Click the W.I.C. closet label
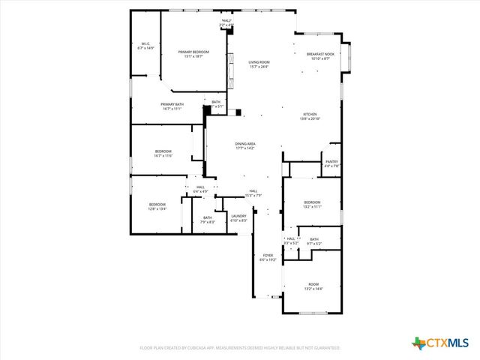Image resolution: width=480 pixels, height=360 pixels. click(x=146, y=46)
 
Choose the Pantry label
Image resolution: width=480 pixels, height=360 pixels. click(x=331, y=163)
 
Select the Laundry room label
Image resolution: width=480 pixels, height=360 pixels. click(x=238, y=218)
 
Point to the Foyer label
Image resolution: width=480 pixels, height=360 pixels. click(x=268, y=257)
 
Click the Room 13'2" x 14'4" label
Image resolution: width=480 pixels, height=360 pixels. click(x=313, y=286)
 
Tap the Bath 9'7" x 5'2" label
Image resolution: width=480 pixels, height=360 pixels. click(x=314, y=241)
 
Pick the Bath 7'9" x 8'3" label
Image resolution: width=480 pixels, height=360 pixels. click(x=207, y=220)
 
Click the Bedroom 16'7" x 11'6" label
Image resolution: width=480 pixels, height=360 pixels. click(x=163, y=154)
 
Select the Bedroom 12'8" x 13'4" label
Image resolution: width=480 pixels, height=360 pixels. click(x=157, y=206)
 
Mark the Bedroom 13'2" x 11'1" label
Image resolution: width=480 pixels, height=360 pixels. click(x=312, y=204)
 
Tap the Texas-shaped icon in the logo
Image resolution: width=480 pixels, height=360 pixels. click(x=418, y=343)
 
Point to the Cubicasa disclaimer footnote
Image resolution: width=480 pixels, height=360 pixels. click(x=240, y=348)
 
